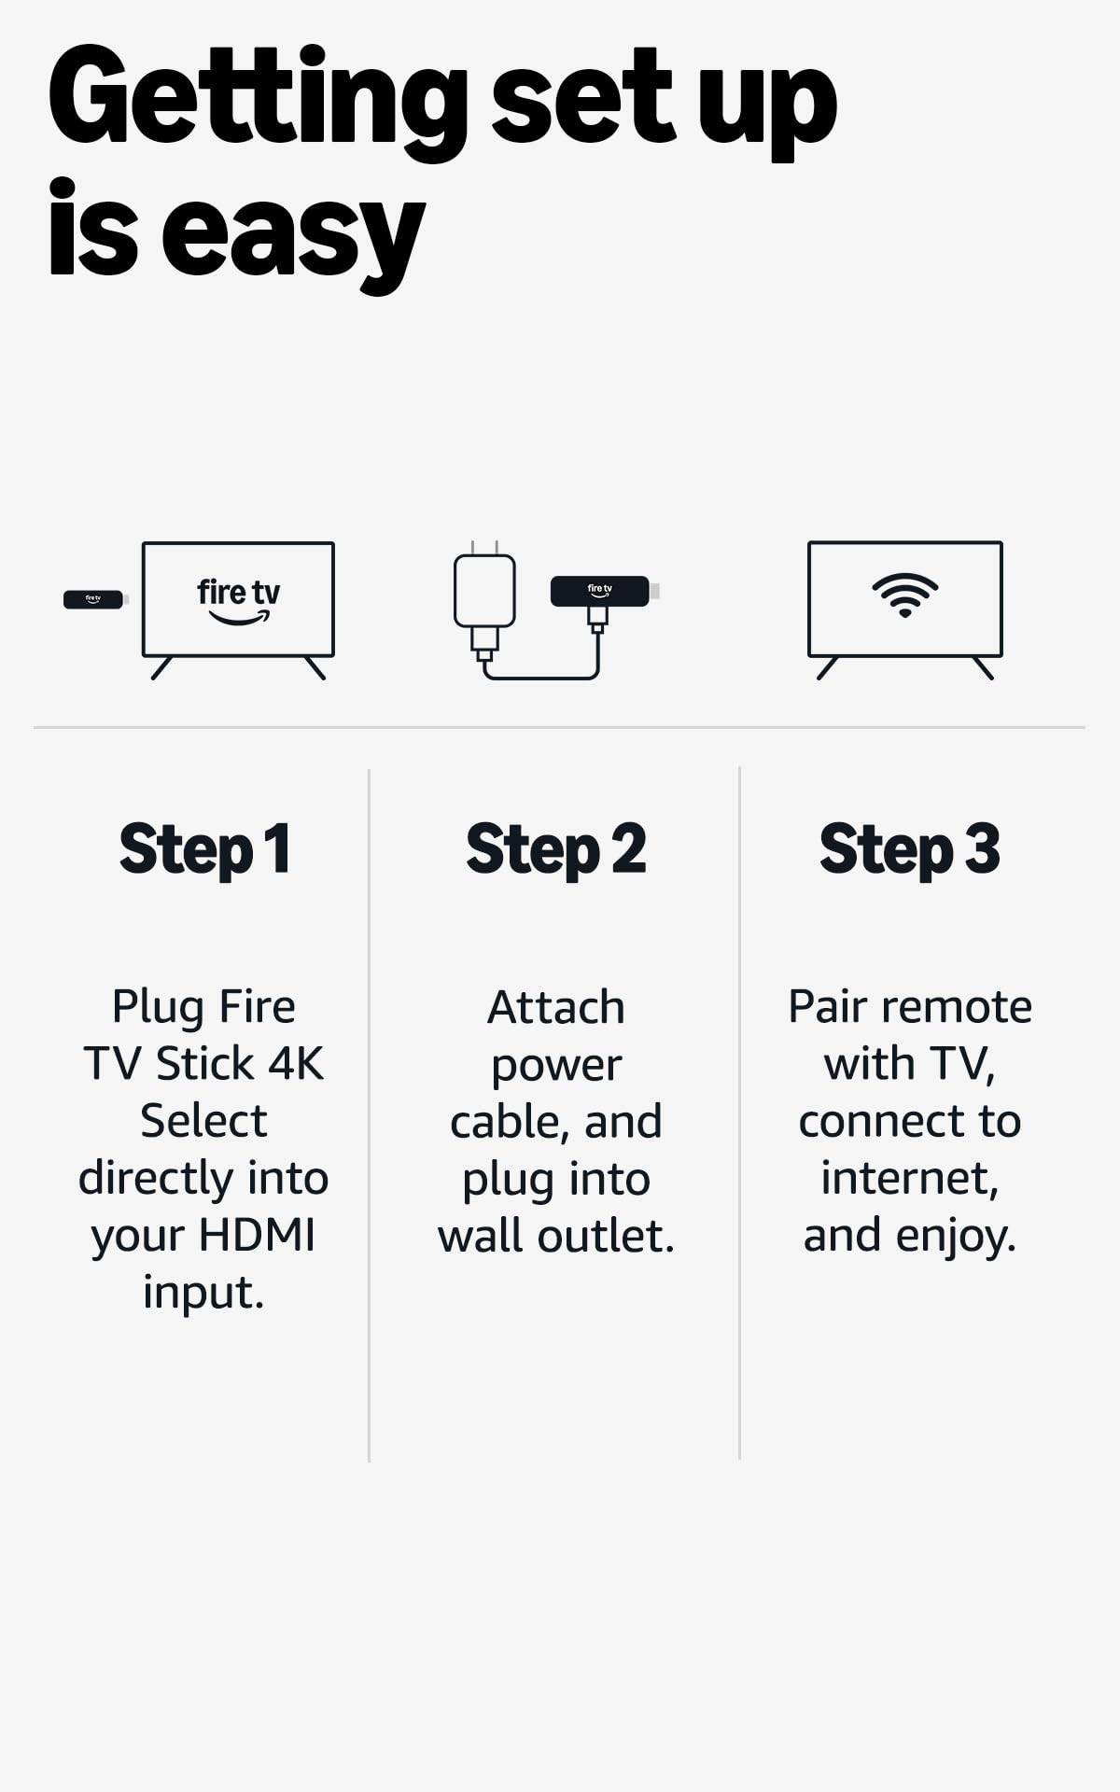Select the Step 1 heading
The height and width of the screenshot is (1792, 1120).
(x=204, y=849)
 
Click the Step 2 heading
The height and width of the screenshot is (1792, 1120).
(x=555, y=849)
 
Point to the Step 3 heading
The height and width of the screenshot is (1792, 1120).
(x=909, y=849)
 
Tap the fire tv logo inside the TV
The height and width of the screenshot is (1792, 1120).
(x=238, y=600)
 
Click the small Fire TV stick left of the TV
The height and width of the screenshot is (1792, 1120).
(x=93, y=599)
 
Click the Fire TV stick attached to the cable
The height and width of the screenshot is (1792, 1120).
(x=600, y=591)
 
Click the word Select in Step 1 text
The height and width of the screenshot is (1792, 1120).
(x=203, y=1120)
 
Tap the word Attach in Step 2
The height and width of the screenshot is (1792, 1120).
(x=555, y=1007)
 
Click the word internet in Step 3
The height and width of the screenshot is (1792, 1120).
(x=908, y=1178)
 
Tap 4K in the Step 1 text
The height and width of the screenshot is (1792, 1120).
(x=296, y=1063)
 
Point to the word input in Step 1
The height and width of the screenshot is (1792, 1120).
(x=203, y=1294)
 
